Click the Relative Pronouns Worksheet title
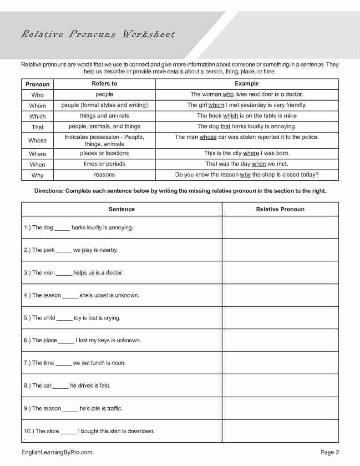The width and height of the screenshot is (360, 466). [x=98, y=35]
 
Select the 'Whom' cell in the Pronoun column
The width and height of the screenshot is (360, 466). [x=38, y=106]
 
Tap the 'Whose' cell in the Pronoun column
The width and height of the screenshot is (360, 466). [x=38, y=141]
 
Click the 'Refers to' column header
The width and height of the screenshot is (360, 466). [x=104, y=84]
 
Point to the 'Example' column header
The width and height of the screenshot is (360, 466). [x=247, y=84]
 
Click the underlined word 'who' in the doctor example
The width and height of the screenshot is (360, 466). [x=228, y=95]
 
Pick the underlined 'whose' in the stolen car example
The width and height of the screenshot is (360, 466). [x=208, y=137]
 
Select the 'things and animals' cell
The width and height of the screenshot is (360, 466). [x=104, y=116]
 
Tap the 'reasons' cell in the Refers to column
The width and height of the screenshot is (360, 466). [x=104, y=175]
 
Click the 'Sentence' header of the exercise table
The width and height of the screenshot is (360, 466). [x=122, y=209]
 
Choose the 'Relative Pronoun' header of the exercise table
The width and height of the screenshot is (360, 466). [x=280, y=209]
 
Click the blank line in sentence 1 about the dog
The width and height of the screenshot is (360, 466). [x=62, y=228]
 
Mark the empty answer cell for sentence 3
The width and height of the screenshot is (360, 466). [x=280, y=273]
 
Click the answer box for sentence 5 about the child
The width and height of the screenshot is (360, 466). [x=280, y=318]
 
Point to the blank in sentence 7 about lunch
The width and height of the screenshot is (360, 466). [x=64, y=364]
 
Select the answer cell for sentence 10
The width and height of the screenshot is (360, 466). [x=280, y=431]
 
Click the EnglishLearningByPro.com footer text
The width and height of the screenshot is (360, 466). [x=57, y=452]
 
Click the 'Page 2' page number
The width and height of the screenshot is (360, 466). [x=330, y=452]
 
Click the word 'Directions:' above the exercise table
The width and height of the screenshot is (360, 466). [x=49, y=191]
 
